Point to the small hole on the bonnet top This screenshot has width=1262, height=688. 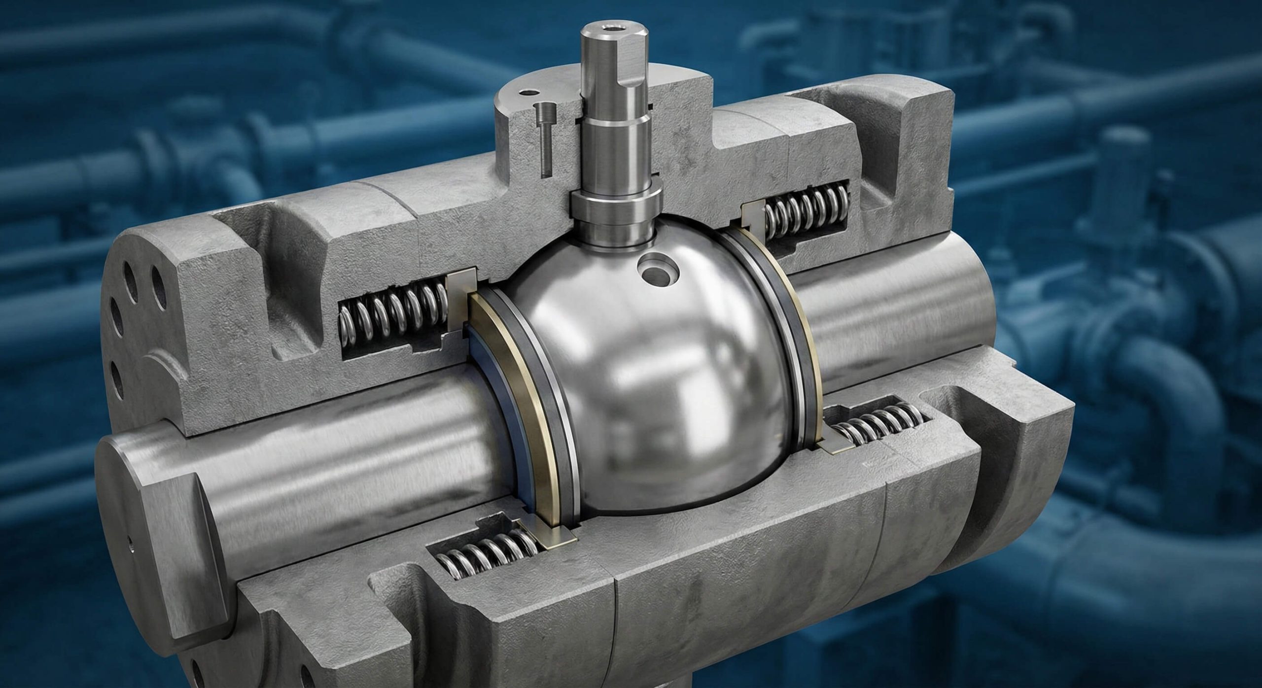528,92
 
